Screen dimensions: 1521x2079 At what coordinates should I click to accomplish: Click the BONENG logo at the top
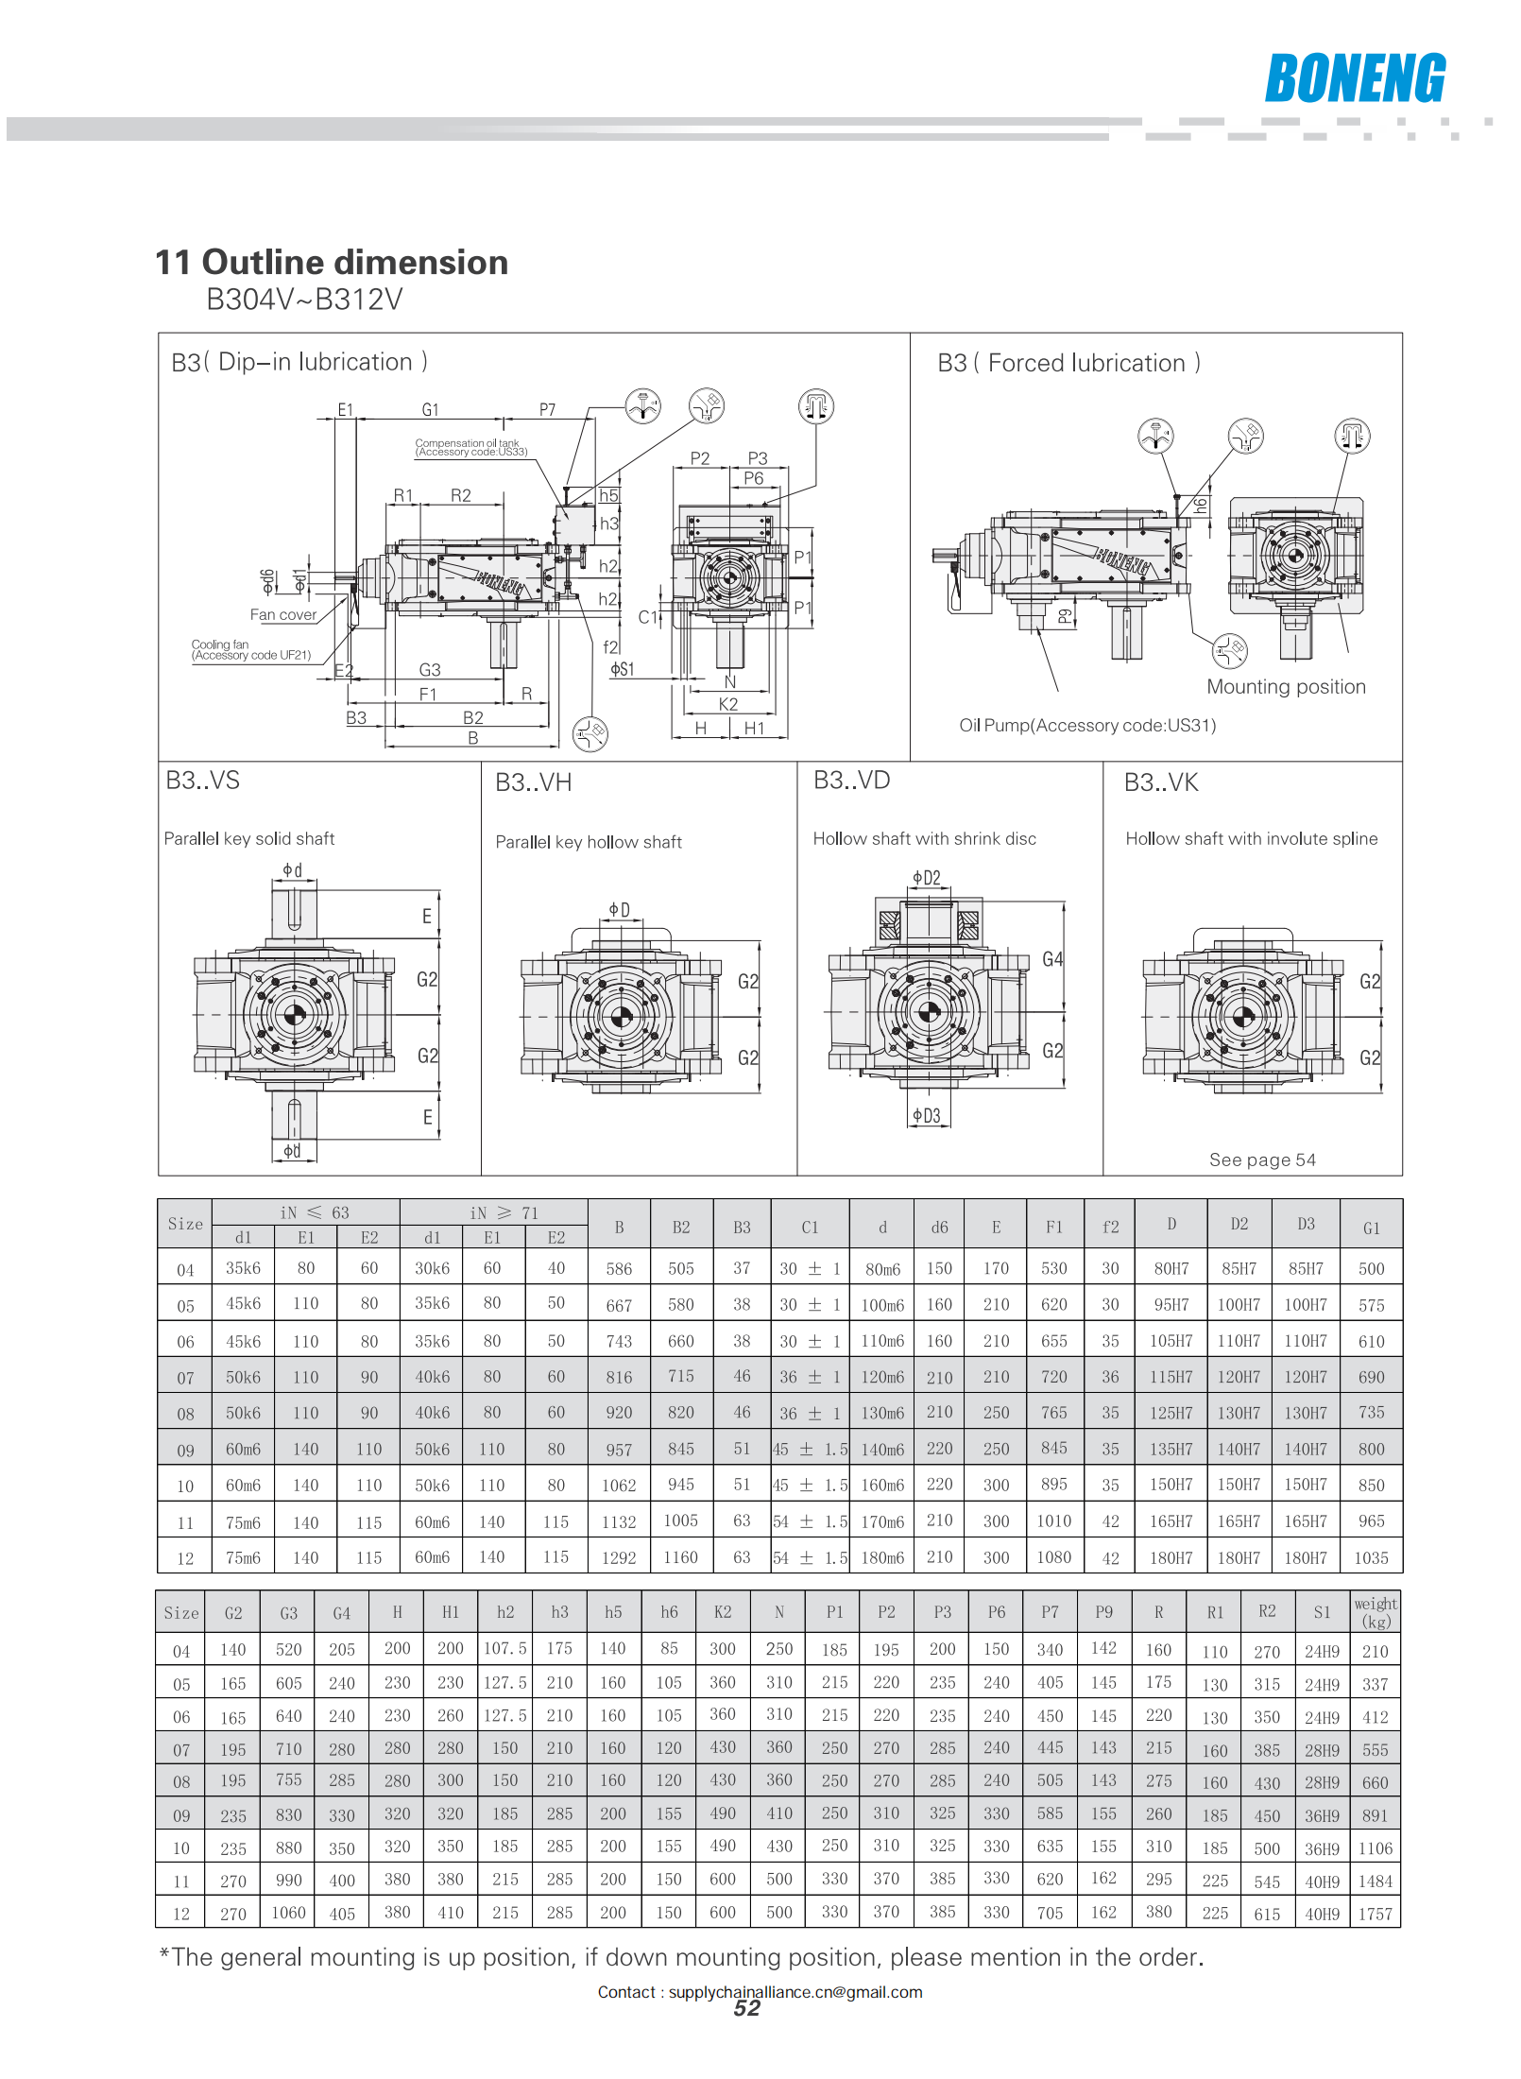tap(1356, 77)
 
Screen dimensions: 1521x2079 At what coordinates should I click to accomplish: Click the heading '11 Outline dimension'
tap(332, 262)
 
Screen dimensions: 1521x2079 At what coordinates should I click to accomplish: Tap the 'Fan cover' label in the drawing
tap(283, 614)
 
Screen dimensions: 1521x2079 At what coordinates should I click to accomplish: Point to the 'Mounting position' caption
tap(1286, 687)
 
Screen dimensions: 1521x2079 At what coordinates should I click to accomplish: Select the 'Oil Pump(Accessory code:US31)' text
tap(1087, 725)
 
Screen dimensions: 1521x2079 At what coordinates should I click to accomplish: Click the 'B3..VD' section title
tap(852, 781)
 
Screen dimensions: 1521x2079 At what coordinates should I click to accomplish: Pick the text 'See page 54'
tap(1262, 1160)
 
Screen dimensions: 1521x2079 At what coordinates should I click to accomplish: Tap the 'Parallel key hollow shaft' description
tap(589, 842)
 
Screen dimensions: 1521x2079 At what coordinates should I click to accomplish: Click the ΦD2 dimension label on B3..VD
tap(927, 878)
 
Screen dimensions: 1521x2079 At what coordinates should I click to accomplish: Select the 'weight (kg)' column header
tap(1376, 1612)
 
